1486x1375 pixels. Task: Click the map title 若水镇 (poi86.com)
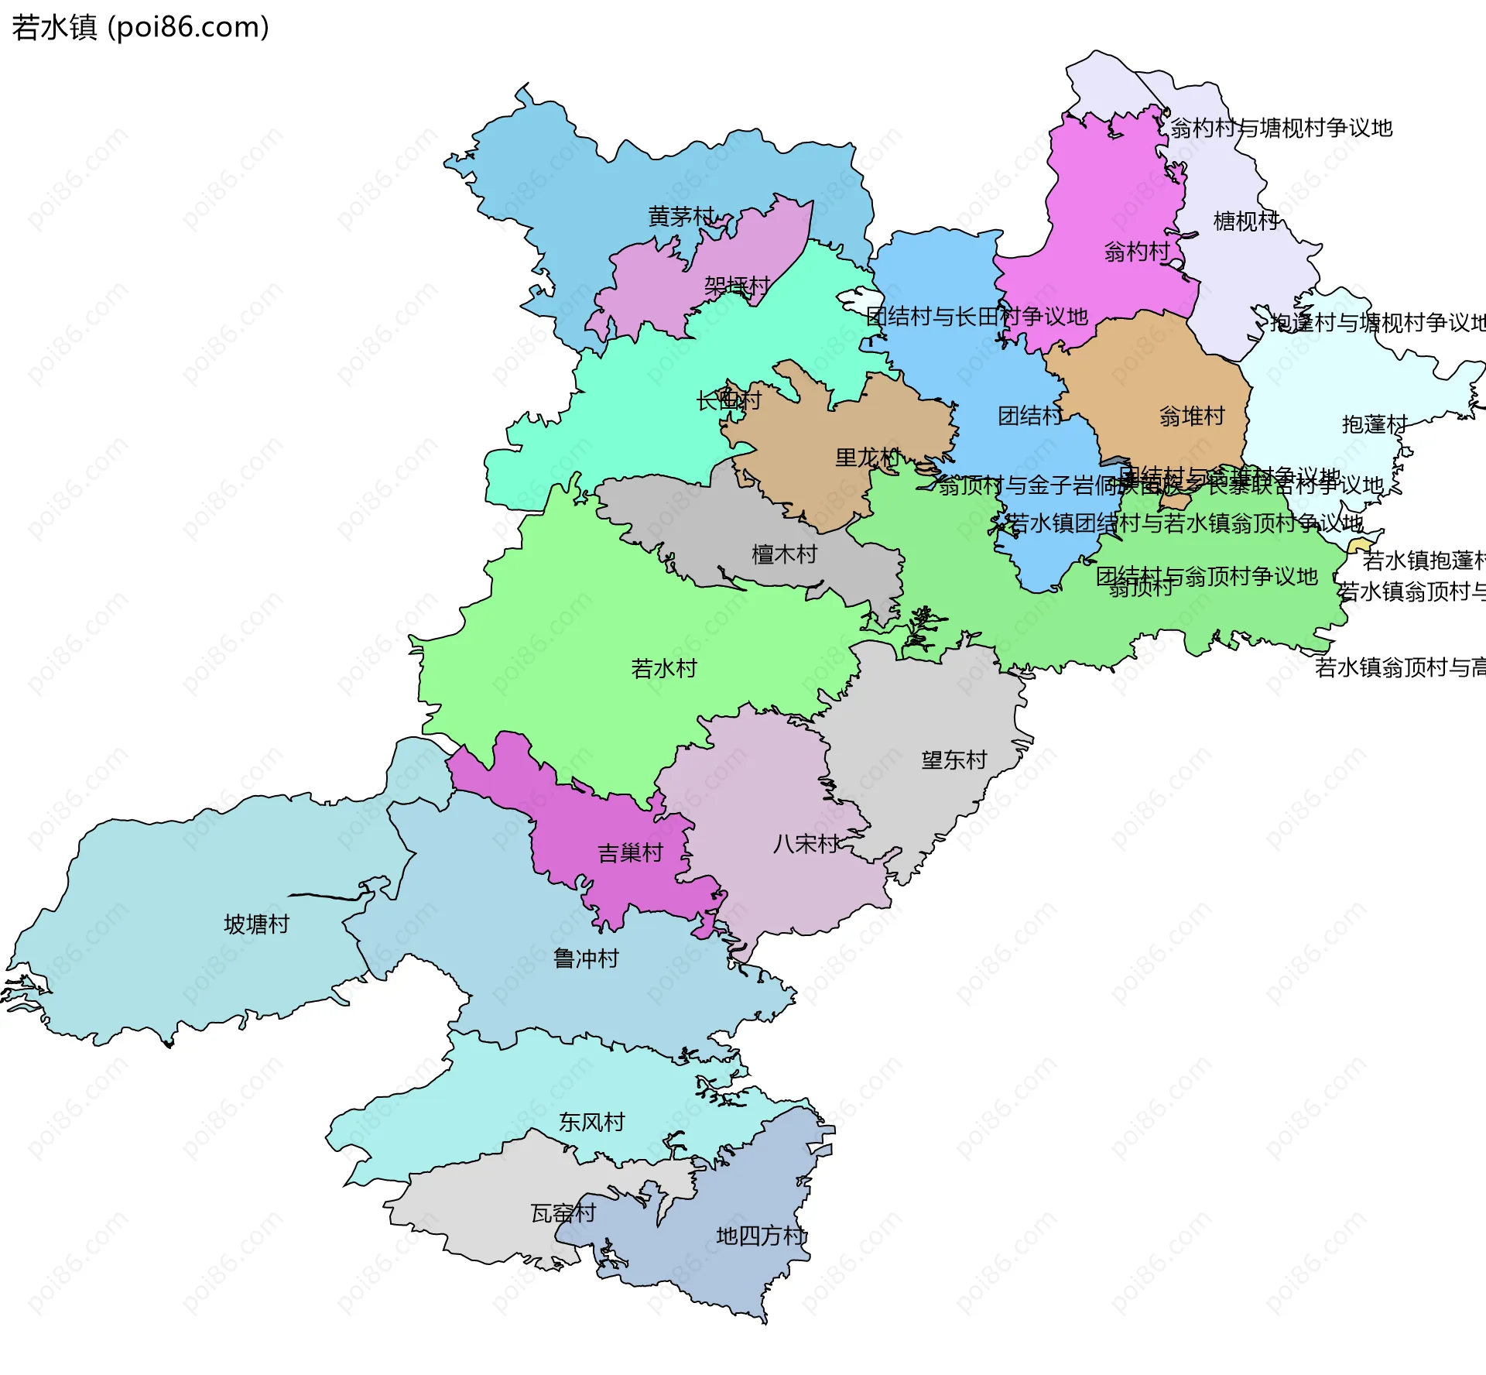tap(140, 27)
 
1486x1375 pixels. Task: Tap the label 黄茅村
tap(681, 217)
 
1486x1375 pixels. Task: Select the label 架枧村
tap(737, 286)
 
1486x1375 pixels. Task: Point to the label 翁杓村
tap(1136, 252)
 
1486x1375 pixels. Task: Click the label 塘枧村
tap(1246, 221)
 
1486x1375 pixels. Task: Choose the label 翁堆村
tap(1192, 417)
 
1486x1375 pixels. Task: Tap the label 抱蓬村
tap(1375, 424)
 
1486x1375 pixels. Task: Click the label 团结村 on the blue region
tap(1029, 416)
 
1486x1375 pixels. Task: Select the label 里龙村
tap(868, 458)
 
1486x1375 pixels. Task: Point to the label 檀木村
tap(784, 554)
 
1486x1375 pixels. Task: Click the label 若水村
tap(664, 668)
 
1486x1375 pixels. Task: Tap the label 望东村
tap(954, 760)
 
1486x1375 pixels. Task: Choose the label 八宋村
tap(806, 844)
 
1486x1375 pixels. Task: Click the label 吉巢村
tap(631, 853)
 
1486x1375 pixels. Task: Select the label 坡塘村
tap(256, 924)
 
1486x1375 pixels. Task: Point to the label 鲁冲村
tap(586, 958)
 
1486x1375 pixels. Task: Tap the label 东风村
tap(591, 1122)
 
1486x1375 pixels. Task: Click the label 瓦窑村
tap(563, 1213)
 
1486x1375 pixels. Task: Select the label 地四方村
tap(761, 1236)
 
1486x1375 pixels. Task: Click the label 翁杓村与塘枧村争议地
tap(1281, 128)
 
